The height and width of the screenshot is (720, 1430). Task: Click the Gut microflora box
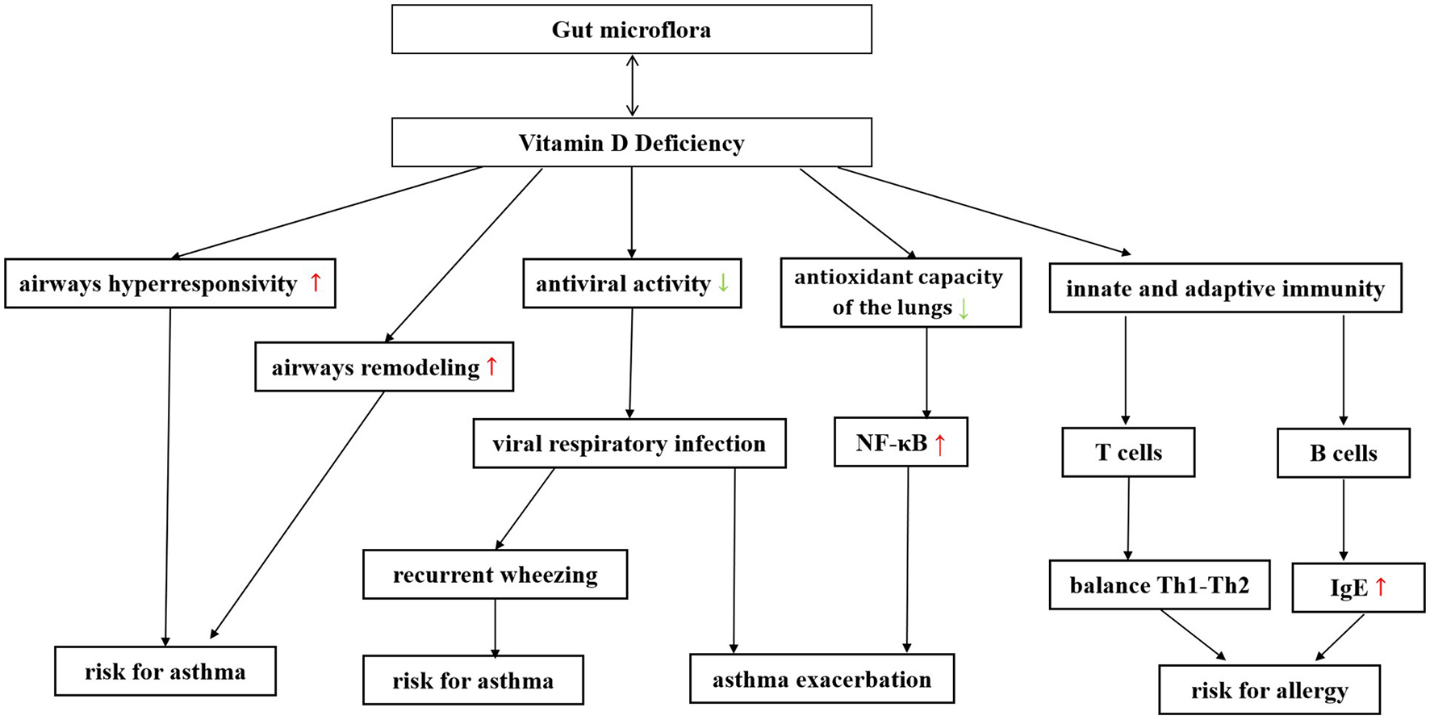tap(631, 30)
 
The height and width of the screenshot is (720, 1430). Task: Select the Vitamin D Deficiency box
tap(631, 143)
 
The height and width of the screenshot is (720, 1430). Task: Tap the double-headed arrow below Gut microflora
tap(632, 86)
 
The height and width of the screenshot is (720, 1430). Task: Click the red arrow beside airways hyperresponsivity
tap(316, 282)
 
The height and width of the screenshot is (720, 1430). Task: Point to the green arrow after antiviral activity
tap(723, 283)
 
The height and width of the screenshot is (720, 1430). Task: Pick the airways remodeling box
tap(384, 367)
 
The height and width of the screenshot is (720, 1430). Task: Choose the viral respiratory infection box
tap(629, 443)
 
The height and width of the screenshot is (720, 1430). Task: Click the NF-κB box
tap(900, 442)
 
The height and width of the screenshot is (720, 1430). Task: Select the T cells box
tap(1128, 453)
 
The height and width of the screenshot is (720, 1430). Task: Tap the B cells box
tap(1343, 453)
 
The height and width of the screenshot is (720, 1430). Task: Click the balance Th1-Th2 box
tap(1159, 585)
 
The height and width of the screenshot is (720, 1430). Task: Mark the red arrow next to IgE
tap(1380, 587)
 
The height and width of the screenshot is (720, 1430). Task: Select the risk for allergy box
tap(1269, 690)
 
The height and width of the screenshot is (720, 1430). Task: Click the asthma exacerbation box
tap(822, 679)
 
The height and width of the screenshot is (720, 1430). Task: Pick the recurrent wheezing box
tap(495, 575)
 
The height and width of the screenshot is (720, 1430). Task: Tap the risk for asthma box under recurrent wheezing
tap(473, 680)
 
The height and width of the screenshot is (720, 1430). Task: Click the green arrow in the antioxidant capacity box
tap(963, 308)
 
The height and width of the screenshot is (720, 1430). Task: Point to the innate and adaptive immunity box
tap(1225, 288)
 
